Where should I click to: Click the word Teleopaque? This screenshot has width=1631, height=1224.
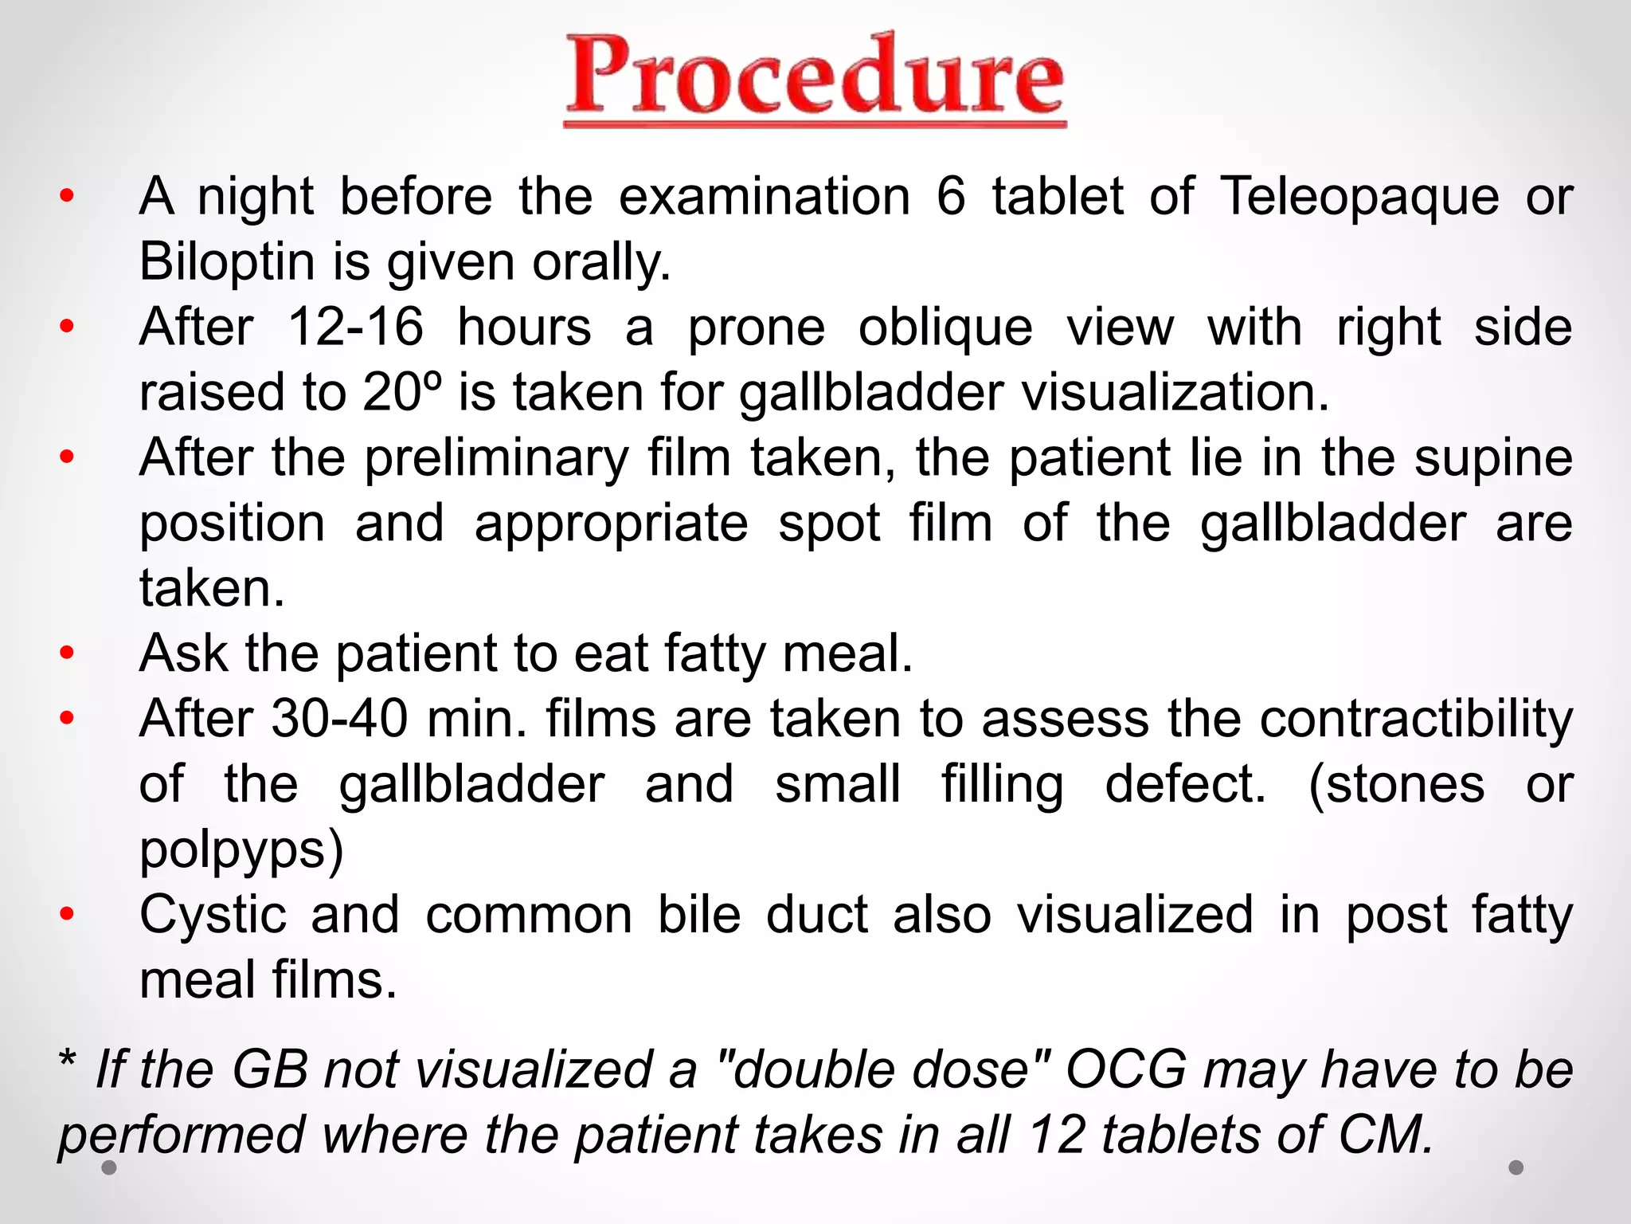[x=1359, y=197]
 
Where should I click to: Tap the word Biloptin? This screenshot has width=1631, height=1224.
[x=227, y=262]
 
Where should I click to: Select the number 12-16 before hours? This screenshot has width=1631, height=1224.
[x=355, y=328]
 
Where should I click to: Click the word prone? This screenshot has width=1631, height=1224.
[x=757, y=328]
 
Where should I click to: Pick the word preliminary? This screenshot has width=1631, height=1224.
[x=497, y=458]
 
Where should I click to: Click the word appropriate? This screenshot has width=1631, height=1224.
[x=611, y=524]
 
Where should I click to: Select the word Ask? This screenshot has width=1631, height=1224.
[x=183, y=653]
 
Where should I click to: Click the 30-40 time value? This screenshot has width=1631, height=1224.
[x=339, y=719]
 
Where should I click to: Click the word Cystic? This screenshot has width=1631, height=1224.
[x=213, y=915]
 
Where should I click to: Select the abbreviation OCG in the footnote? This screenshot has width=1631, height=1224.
[x=1126, y=1069]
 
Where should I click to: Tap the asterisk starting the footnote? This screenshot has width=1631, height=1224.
[x=68, y=1062]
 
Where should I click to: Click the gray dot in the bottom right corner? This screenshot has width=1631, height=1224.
[x=1516, y=1167]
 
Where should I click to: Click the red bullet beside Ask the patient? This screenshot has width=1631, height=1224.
[x=67, y=653]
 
